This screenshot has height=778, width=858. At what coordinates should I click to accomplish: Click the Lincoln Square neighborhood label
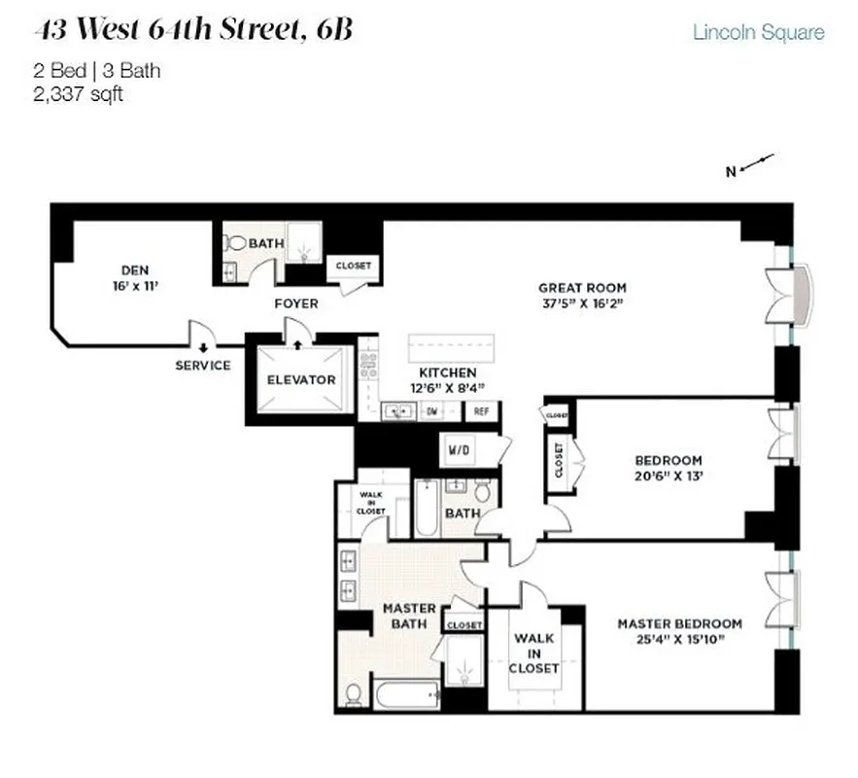pyautogui.click(x=758, y=32)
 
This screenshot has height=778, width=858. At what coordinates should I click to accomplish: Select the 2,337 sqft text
pyautogui.click(x=78, y=94)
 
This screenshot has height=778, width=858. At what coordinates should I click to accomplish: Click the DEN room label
pyautogui.click(x=133, y=269)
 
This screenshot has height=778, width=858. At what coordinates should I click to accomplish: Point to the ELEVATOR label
pyautogui.click(x=301, y=379)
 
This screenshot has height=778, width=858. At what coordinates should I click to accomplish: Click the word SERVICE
pyautogui.click(x=203, y=366)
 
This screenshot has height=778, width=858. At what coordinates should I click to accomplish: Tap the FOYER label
pyautogui.click(x=295, y=303)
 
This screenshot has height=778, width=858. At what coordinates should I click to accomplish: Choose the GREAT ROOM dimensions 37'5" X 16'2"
pyautogui.click(x=582, y=303)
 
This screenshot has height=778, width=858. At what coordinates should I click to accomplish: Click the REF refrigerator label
pyautogui.click(x=480, y=411)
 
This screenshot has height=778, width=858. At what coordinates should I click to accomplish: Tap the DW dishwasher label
pyautogui.click(x=432, y=411)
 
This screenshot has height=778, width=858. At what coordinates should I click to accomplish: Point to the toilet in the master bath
pyautogui.click(x=355, y=694)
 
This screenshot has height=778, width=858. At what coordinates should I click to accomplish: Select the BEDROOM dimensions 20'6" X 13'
pyautogui.click(x=668, y=477)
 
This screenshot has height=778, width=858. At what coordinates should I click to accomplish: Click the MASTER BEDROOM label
pyautogui.click(x=679, y=623)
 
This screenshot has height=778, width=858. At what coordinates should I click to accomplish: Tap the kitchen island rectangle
pyautogui.click(x=451, y=347)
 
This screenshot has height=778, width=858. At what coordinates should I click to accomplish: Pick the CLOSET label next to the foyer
pyautogui.click(x=353, y=265)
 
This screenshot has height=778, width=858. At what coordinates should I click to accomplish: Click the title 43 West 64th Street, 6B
pyautogui.click(x=192, y=31)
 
